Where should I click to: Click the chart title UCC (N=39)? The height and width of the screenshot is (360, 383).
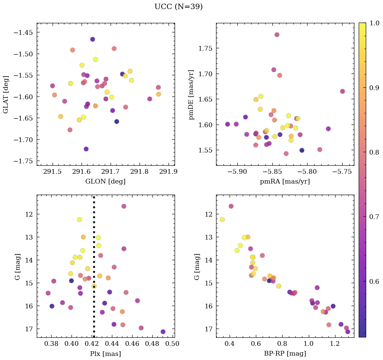(x=178, y=7)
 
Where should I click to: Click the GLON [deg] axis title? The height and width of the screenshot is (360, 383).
(x=106, y=182)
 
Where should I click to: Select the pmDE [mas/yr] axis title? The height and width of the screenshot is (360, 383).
(x=191, y=94)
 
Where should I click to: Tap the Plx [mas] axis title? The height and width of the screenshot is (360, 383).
(x=106, y=354)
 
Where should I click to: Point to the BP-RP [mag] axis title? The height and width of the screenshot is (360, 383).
(x=285, y=354)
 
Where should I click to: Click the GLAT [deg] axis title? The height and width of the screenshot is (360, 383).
(x=6, y=94)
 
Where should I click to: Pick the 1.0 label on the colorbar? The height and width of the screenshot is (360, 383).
(x=374, y=23)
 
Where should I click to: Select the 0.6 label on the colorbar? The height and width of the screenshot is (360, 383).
(x=374, y=281)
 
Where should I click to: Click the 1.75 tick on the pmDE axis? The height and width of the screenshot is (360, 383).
(x=204, y=48)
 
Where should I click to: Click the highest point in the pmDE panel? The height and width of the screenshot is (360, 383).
(x=277, y=35)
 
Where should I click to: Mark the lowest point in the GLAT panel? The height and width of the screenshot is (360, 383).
(x=86, y=149)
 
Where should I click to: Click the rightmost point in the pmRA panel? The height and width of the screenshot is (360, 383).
(x=343, y=91)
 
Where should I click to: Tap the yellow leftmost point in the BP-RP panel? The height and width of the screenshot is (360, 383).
(x=222, y=220)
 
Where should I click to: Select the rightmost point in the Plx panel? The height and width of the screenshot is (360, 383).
(x=163, y=332)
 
